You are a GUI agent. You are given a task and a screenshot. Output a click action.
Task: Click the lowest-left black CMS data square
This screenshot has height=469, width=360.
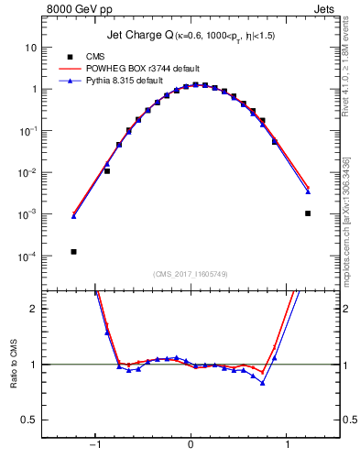tap(73, 251)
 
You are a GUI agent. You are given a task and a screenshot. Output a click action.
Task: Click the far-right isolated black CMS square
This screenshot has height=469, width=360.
tap(308, 213)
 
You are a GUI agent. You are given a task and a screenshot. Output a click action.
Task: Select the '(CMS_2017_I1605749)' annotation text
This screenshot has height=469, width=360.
tap(190, 274)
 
